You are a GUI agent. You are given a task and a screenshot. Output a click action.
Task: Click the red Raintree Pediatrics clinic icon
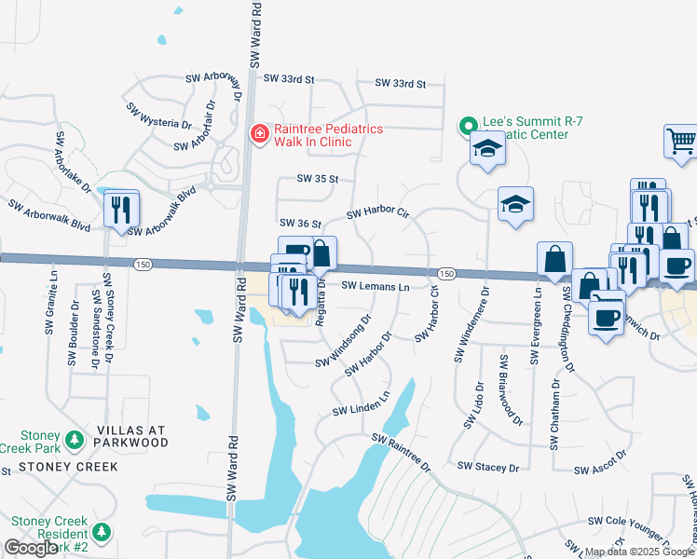258,135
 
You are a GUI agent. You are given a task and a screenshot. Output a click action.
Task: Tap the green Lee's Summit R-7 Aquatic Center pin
468,124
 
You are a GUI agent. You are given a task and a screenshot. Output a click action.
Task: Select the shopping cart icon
680,143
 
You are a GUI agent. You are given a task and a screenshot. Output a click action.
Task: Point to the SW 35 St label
317,178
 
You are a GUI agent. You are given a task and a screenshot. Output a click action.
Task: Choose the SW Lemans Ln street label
376,287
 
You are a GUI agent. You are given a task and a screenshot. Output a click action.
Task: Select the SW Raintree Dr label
402,451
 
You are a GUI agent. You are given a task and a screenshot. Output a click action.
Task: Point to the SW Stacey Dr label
487,466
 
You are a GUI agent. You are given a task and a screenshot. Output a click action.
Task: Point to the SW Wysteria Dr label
159,115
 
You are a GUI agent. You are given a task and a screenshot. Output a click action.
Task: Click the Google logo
30,548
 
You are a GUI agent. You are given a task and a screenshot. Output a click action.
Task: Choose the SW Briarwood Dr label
510,390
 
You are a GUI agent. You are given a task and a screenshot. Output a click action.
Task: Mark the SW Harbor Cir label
377,214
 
